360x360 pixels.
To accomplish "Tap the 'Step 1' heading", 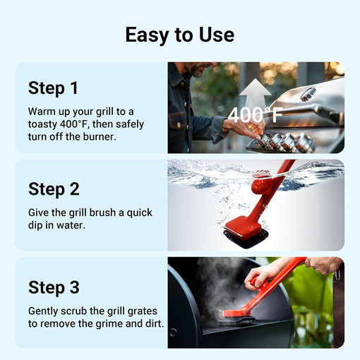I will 54,88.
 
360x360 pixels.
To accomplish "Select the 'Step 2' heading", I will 54,189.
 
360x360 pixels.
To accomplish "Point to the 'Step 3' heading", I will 54,287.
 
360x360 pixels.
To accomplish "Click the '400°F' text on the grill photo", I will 255,114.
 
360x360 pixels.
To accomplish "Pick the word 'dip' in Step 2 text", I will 40,224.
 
